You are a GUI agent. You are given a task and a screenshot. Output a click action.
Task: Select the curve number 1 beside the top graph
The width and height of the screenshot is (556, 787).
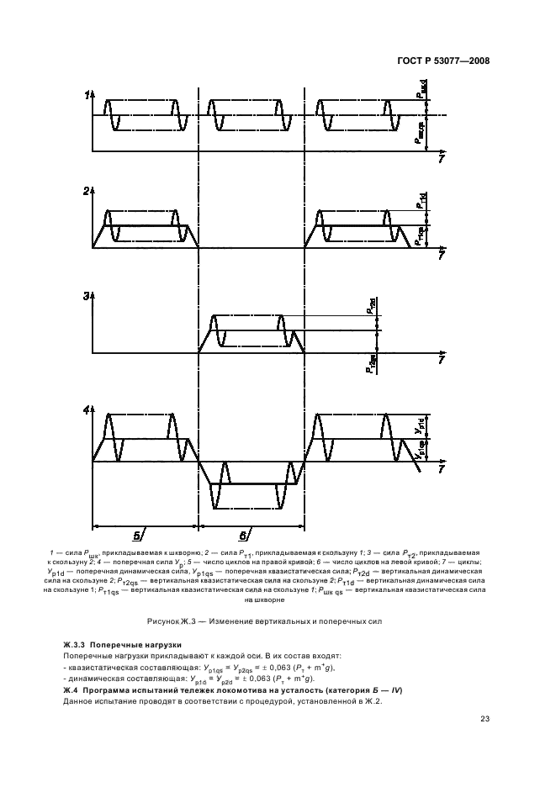click(86, 96)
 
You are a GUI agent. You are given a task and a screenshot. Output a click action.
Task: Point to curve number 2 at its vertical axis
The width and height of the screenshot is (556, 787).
click(86, 193)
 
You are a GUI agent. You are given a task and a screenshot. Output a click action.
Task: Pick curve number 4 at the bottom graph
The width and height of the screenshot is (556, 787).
click(86, 410)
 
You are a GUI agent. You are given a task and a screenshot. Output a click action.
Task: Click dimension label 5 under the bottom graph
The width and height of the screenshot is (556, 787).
click(135, 535)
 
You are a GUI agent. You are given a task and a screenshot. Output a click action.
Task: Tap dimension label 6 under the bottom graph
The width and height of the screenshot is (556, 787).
click(243, 535)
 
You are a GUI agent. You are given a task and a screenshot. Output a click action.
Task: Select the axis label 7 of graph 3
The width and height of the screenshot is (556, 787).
click(442, 361)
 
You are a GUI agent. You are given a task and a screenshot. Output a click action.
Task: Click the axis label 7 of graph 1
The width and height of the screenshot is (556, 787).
click(442, 159)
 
